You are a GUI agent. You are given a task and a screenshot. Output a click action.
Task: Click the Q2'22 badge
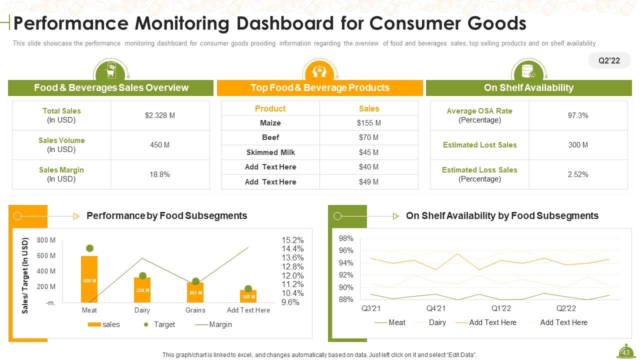(x=609, y=60)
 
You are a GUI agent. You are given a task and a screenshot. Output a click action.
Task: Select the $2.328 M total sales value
(x=159, y=115)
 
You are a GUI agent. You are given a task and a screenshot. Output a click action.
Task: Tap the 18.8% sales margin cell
(x=159, y=174)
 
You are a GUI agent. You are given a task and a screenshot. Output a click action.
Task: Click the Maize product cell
(x=270, y=123)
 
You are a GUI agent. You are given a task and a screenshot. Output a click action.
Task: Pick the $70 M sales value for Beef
(x=368, y=137)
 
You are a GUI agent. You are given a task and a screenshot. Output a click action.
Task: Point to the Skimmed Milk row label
(x=270, y=152)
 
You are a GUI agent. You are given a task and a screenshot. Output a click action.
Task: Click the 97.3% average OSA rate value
(x=577, y=115)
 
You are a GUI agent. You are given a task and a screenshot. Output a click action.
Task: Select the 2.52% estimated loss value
(x=577, y=174)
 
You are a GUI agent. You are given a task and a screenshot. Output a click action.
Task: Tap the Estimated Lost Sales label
(x=479, y=145)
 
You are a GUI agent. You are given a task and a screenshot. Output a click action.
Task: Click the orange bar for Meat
(x=89, y=279)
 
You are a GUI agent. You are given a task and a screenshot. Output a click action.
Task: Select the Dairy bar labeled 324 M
(x=142, y=290)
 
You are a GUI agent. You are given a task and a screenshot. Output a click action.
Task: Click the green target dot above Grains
(x=195, y=281)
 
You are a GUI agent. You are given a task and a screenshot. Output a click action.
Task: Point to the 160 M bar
(x=248, y=296)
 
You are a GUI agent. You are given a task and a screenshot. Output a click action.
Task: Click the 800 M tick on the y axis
(x=46, y=240)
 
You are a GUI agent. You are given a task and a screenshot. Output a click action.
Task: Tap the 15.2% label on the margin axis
(x=292, y=240)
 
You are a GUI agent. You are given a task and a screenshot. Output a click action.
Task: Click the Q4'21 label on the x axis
(x=436, y=308)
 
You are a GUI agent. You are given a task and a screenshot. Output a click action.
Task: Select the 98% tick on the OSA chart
(x=346, y=238)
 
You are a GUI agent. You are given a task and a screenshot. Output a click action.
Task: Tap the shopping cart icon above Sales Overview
(x=110, y=72)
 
